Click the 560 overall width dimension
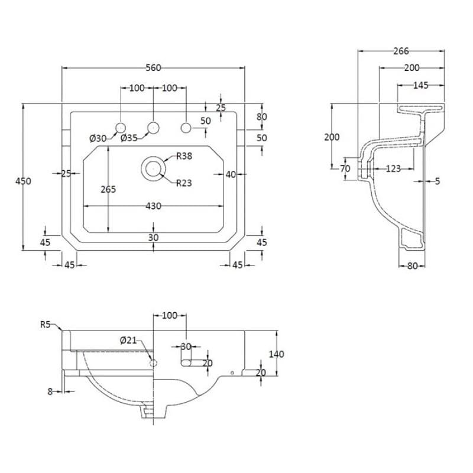click(153, 68)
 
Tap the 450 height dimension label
click(23, 181)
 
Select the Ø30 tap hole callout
click(98, 138)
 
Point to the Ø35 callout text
click(129, 138)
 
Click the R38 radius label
click(184, 156)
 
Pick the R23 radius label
click(184, 183)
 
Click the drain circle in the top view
click(153, 169)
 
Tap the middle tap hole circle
click(153, 128)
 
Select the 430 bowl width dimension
click(153, 206)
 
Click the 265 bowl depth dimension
click(108, 189)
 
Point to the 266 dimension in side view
click(401, 51)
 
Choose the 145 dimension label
click(420, 85)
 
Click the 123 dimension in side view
click(393, 169)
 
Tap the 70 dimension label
click(345, 169)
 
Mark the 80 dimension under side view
click(412, 266)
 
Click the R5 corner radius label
click(46, 325)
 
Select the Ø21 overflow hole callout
click(128, 341)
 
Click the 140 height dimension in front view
click(276, 354)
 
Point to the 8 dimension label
click(50, 391)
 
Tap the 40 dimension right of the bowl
click(231, 174)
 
